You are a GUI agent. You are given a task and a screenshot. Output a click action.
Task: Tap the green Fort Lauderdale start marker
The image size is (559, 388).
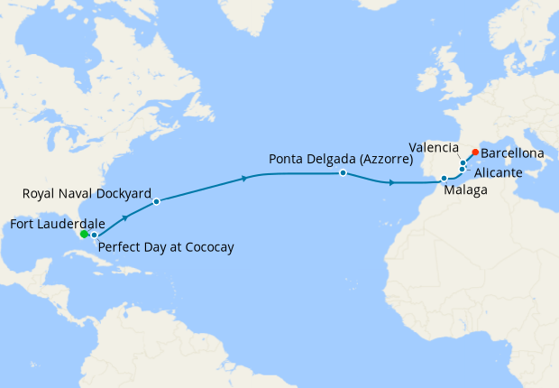(84, 234)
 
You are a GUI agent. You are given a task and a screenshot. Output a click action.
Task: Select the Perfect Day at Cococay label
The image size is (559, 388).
(165, 246)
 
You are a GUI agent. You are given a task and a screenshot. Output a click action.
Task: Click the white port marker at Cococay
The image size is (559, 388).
(94, 235)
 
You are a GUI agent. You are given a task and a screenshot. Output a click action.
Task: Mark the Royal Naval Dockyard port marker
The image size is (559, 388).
(156, 201)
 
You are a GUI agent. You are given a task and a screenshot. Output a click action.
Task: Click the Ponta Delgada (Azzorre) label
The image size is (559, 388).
(340, 159)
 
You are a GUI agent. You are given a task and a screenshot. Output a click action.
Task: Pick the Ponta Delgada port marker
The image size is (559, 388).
(343, 172)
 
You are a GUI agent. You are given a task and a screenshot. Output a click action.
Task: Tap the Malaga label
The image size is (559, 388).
(465, 190)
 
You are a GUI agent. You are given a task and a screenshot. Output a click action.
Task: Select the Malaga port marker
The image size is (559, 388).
(444, 179)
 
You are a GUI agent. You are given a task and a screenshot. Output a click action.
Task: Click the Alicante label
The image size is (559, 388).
(494, 171)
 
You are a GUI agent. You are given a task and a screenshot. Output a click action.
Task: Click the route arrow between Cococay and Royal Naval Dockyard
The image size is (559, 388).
(124, 217)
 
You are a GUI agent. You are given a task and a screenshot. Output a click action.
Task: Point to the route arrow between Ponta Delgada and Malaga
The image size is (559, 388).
(390, 183)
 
